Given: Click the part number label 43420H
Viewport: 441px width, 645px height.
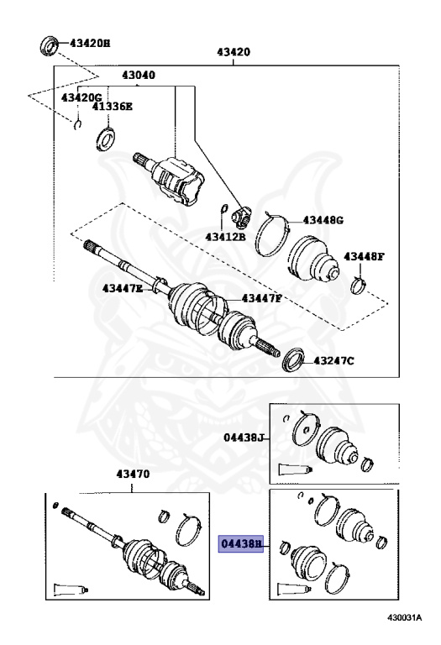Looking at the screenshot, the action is pos(90,43).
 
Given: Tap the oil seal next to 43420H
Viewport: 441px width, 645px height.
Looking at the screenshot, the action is pos(50,45).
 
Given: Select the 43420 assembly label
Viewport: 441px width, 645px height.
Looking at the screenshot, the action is pos(234,52).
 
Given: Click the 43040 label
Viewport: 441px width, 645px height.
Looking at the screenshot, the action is pos(139,75).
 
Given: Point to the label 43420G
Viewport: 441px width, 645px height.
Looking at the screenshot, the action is pos(81,97).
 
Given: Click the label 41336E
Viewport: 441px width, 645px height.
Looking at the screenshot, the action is pos(112,106).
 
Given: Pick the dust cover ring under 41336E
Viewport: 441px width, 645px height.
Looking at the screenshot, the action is pos(105,139).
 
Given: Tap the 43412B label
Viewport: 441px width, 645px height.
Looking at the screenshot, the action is pos(225,237).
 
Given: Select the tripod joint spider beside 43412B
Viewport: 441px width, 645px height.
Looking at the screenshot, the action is pos(241,218).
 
